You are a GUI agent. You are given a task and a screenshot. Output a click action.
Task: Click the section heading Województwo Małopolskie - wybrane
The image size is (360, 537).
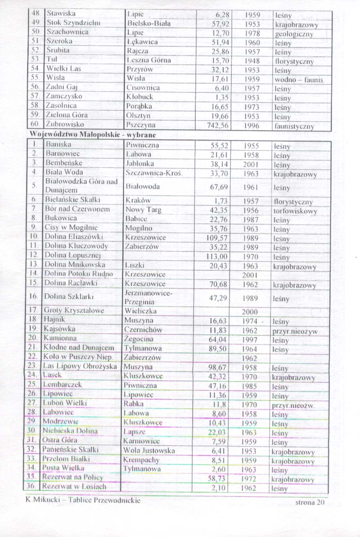(93, 135)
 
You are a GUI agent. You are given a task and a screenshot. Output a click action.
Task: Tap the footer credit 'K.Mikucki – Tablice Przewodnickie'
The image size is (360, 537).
(83, 500)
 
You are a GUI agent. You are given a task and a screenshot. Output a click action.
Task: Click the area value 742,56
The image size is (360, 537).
(218, 126)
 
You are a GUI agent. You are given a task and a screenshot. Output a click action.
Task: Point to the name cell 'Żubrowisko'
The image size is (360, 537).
(65, 124)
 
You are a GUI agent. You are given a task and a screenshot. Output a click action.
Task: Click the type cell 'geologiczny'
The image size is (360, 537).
(294, 34)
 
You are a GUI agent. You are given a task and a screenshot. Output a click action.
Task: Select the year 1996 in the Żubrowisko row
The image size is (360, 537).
(252, 126)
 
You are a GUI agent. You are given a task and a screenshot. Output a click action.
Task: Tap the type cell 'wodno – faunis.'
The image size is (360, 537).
(299, 80)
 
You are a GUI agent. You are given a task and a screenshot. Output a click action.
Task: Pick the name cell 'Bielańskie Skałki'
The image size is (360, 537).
(73, 200)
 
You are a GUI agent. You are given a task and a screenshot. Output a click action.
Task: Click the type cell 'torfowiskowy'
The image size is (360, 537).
(295, 211)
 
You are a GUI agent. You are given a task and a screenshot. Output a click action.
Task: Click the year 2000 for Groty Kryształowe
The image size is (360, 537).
(250, 312)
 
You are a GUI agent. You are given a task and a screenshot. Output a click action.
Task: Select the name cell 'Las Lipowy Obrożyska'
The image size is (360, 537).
(80, 366)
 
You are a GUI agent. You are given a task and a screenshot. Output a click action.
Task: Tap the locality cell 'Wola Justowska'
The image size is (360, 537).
(149, 450)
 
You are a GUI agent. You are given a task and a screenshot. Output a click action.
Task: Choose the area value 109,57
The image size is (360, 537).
(217, 238)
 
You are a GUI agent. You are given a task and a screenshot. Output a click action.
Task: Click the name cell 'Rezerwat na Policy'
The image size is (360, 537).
(73, 477)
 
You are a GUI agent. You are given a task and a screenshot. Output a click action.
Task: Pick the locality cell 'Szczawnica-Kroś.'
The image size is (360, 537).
(154, 173)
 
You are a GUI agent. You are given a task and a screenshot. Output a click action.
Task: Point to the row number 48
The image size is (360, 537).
(36, 14)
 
